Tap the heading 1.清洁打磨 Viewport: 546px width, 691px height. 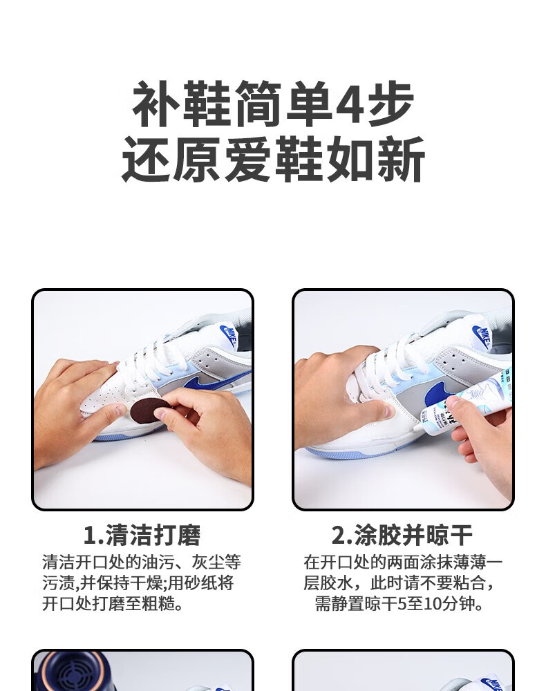click(x=142, y=535)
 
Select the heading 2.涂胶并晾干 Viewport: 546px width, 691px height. click(x=402, y=535)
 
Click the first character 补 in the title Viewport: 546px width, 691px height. click(x=156, y=104)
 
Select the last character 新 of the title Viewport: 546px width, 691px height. click(x=401, y=159)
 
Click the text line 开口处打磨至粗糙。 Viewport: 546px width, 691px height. click(x=113, y=603)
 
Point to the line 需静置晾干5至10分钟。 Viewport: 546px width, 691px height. click(x=399, y=603)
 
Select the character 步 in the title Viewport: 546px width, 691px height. click(x=391, y=104)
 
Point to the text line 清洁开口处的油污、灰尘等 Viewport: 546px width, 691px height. click(x=142, y=562)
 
